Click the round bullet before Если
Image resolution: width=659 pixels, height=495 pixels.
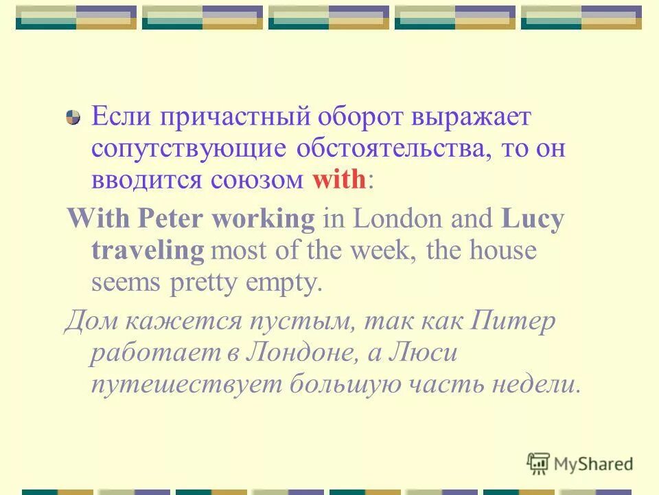(73, 118)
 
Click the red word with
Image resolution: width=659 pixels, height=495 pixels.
(340, 179)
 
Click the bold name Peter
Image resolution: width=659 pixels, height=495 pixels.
(173, 219)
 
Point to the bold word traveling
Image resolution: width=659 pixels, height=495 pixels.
(148, 250)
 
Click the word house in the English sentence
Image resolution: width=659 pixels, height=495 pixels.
(503, 250)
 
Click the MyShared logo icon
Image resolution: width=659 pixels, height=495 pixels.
(538, 463)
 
